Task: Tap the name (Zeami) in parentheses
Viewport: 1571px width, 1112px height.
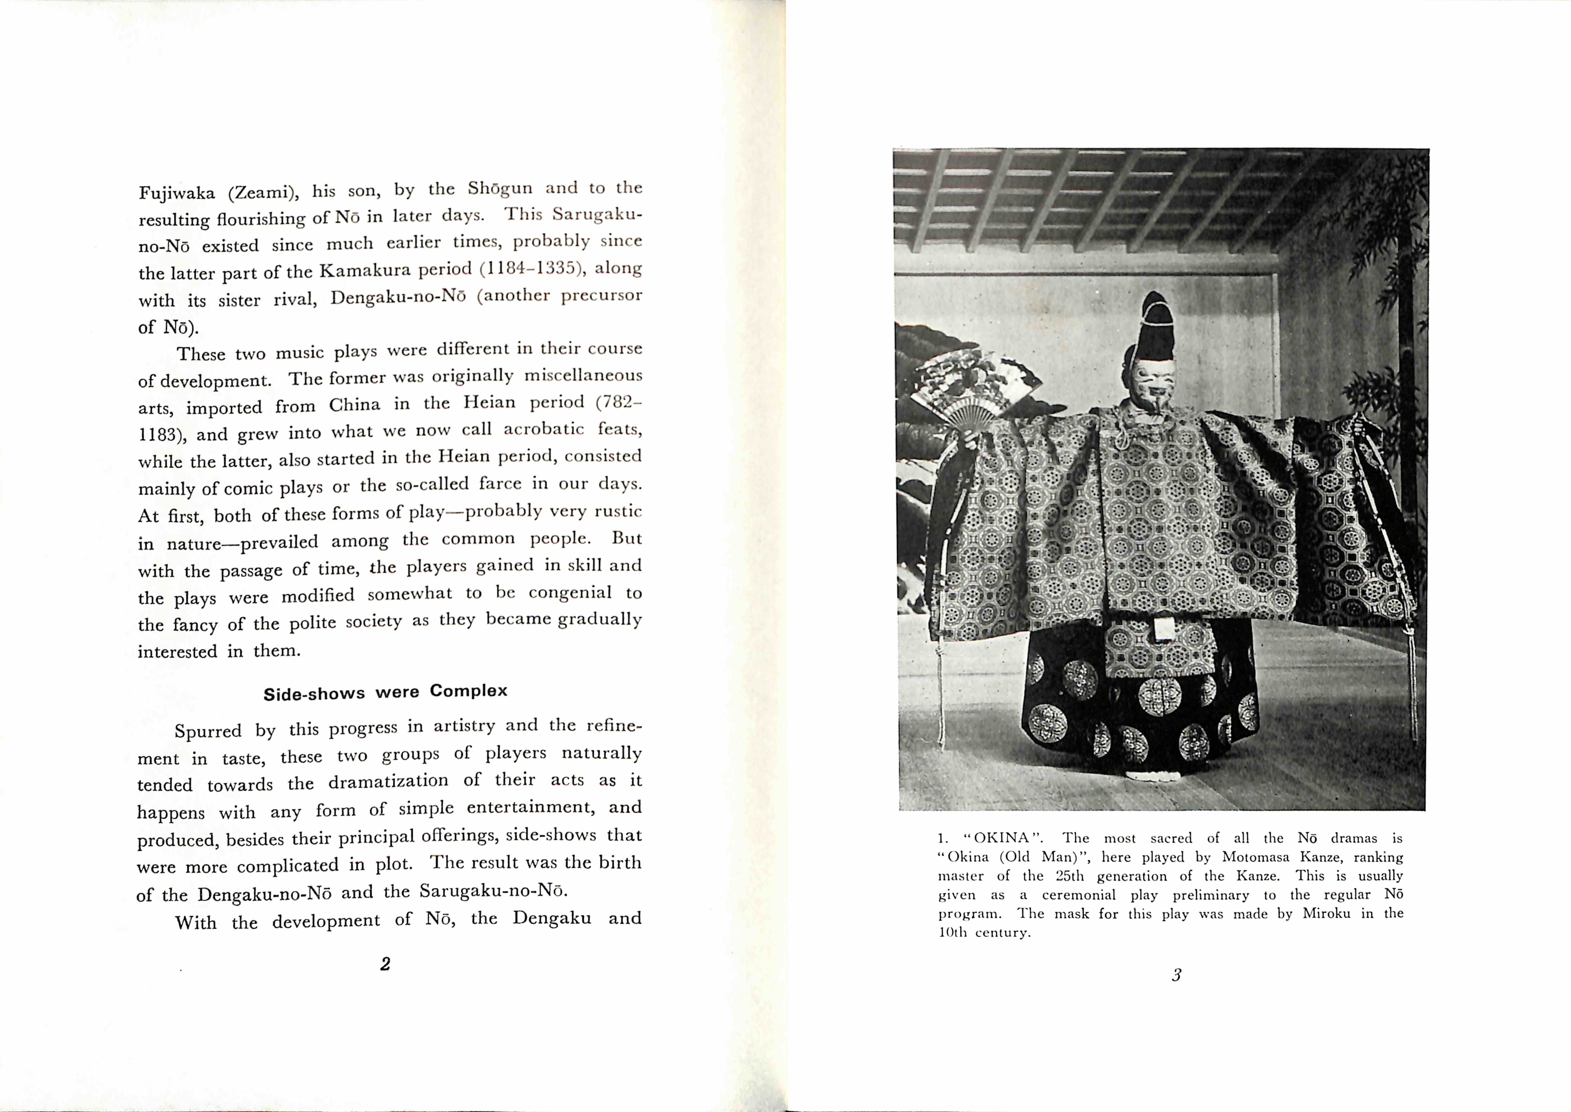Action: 263,192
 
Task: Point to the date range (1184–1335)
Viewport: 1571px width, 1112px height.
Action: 532,268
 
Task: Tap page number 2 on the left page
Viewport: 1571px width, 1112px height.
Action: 385,964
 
